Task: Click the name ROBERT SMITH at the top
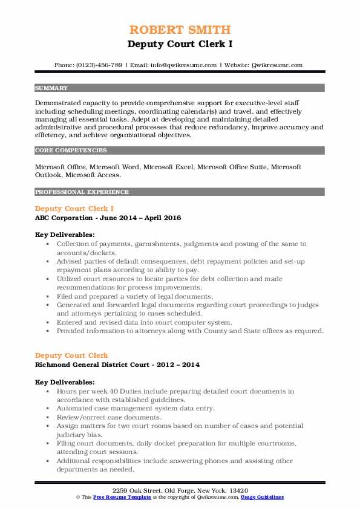180,30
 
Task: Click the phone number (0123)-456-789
101,65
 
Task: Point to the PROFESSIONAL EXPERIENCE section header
82,192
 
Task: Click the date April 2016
162,218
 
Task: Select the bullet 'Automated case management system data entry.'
130,409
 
